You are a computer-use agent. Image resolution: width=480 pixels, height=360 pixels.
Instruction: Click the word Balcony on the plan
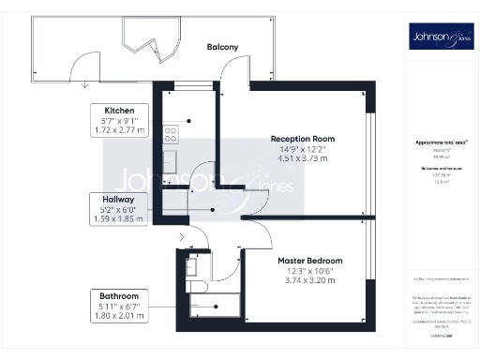point(222,47)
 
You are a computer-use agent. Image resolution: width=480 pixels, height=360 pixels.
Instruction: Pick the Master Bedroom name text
point(309,260)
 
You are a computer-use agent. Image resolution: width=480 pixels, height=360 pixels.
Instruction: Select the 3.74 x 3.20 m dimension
point(309,279)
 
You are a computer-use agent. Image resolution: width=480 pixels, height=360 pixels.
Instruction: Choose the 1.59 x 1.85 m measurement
point(119,219)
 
